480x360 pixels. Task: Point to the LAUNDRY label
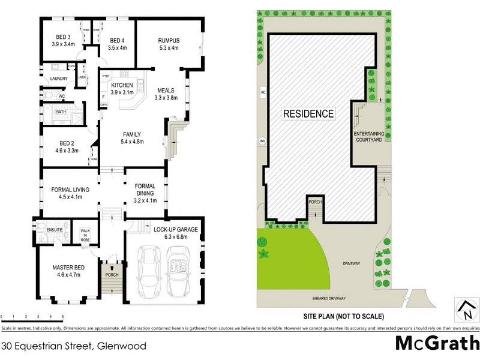click(59, 79)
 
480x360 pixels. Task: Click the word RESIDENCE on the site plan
click(308, 113)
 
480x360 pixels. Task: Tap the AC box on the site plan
click(263, 92)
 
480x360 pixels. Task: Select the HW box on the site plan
click(262, 142)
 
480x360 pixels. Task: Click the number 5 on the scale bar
click(63, 316)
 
